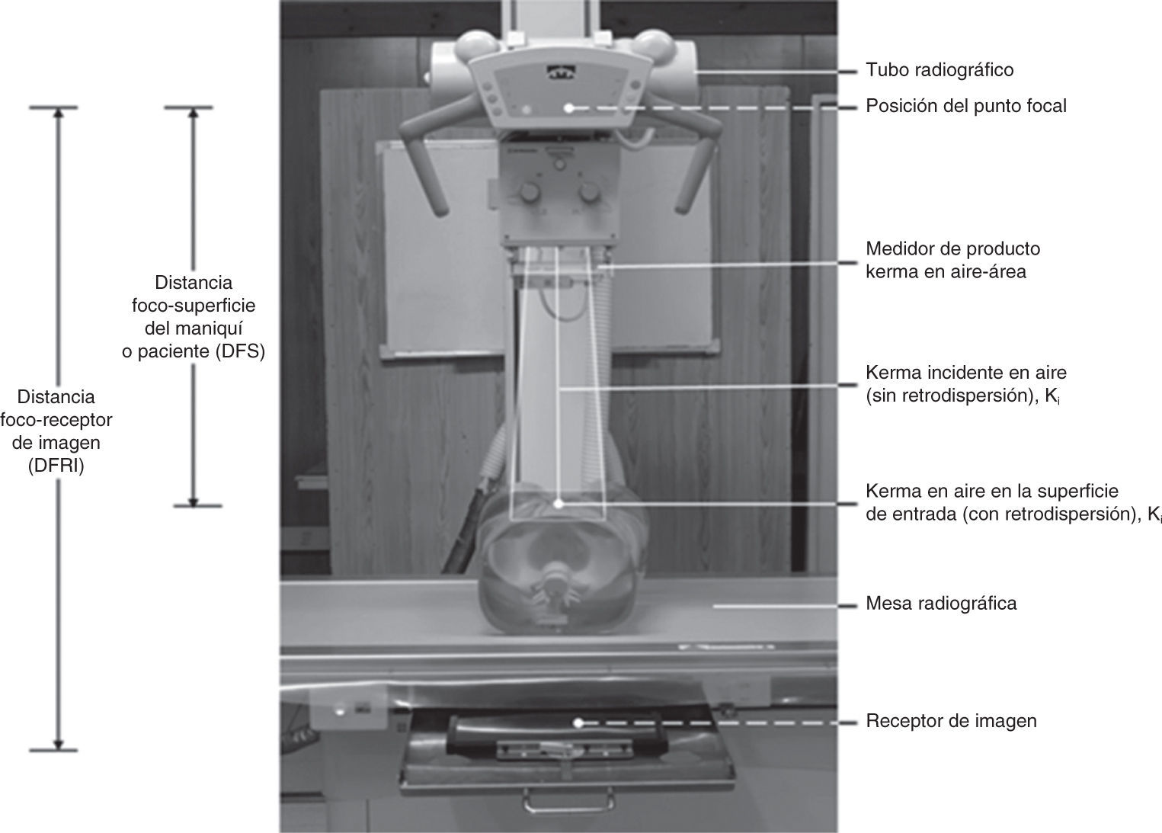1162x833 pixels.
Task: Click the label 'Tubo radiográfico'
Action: (x=940, y=70)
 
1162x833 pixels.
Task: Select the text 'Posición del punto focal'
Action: (x=966, y=107)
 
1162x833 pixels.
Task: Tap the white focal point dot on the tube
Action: (x=569, y=108)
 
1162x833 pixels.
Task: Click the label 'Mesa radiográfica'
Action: (x=941, y=604)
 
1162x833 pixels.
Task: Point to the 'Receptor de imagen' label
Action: (x=951, y=721)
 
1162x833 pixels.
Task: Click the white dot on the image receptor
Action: (x=578, y=722)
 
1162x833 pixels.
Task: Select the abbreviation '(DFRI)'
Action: (x=56, y=466)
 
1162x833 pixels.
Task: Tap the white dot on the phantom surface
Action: (x=559, y=504)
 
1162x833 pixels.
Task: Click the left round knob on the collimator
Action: (x=530, y=193)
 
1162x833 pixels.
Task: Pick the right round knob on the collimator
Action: (x=589, y=193)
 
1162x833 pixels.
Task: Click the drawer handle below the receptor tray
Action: (x=568, y=803)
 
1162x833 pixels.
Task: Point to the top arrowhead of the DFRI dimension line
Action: (x=58, y=113)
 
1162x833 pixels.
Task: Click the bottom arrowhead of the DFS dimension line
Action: (x=193, y=501)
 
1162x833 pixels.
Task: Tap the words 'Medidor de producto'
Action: (x=953, y=249)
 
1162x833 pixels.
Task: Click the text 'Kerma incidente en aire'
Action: (x=966, y=373)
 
